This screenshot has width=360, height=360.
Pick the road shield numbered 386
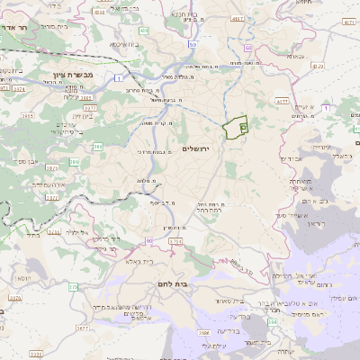point(74,162)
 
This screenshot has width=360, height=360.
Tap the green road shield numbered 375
point(73,287)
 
